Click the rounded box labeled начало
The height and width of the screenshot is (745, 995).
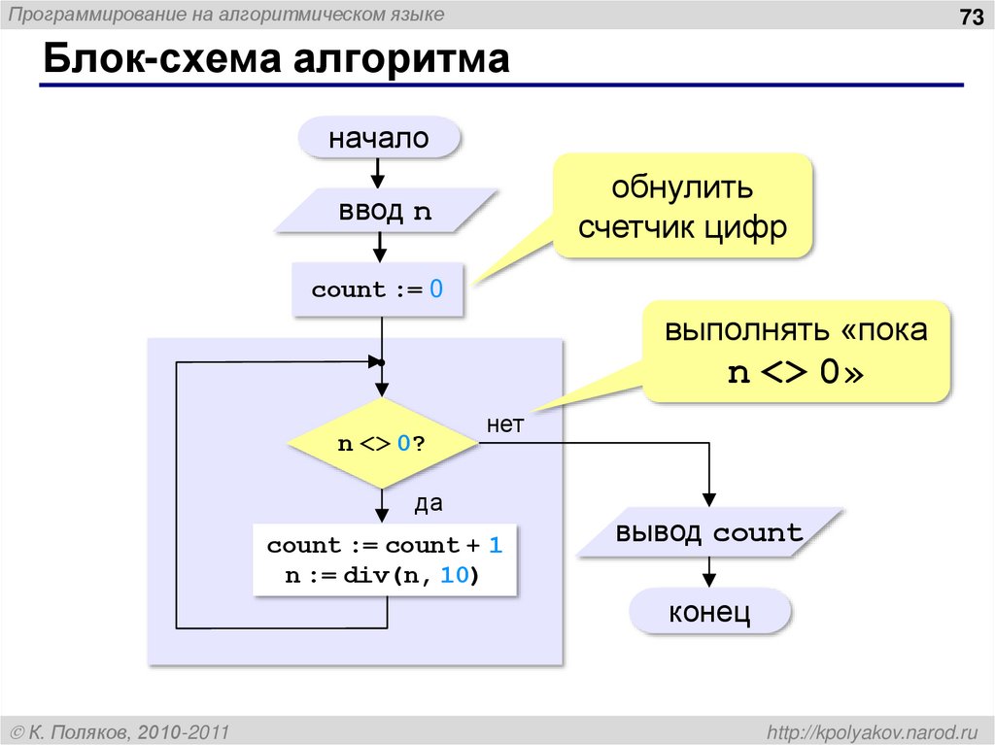click(378, 138)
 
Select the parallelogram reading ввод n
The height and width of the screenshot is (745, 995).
click(385, 211)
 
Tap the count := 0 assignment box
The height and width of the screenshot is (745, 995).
click(377, 289)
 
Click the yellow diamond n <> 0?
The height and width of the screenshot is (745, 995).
click(382, 444)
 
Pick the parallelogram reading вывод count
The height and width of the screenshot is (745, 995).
click(709, 533)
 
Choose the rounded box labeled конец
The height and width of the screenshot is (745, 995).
click(708, 612)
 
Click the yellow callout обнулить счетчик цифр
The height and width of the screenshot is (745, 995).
click(681, 205)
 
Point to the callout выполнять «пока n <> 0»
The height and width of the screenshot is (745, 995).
click(796, 351)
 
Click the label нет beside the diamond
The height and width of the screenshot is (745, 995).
click(505, 424)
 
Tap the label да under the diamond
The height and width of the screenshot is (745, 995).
click(429, 503)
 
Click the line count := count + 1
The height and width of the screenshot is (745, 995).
click(385, 545)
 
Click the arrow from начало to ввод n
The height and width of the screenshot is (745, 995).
click(378, 173)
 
